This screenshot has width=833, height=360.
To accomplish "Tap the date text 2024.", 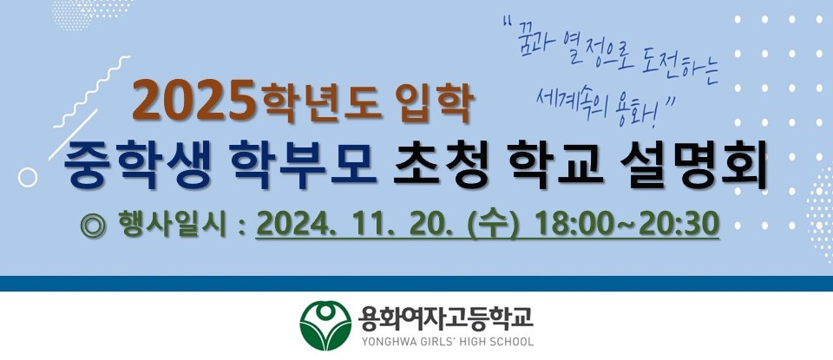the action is (297, 226).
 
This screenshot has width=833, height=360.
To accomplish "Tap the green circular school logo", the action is (325, 325).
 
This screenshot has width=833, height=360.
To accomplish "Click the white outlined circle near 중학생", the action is (28, 177).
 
